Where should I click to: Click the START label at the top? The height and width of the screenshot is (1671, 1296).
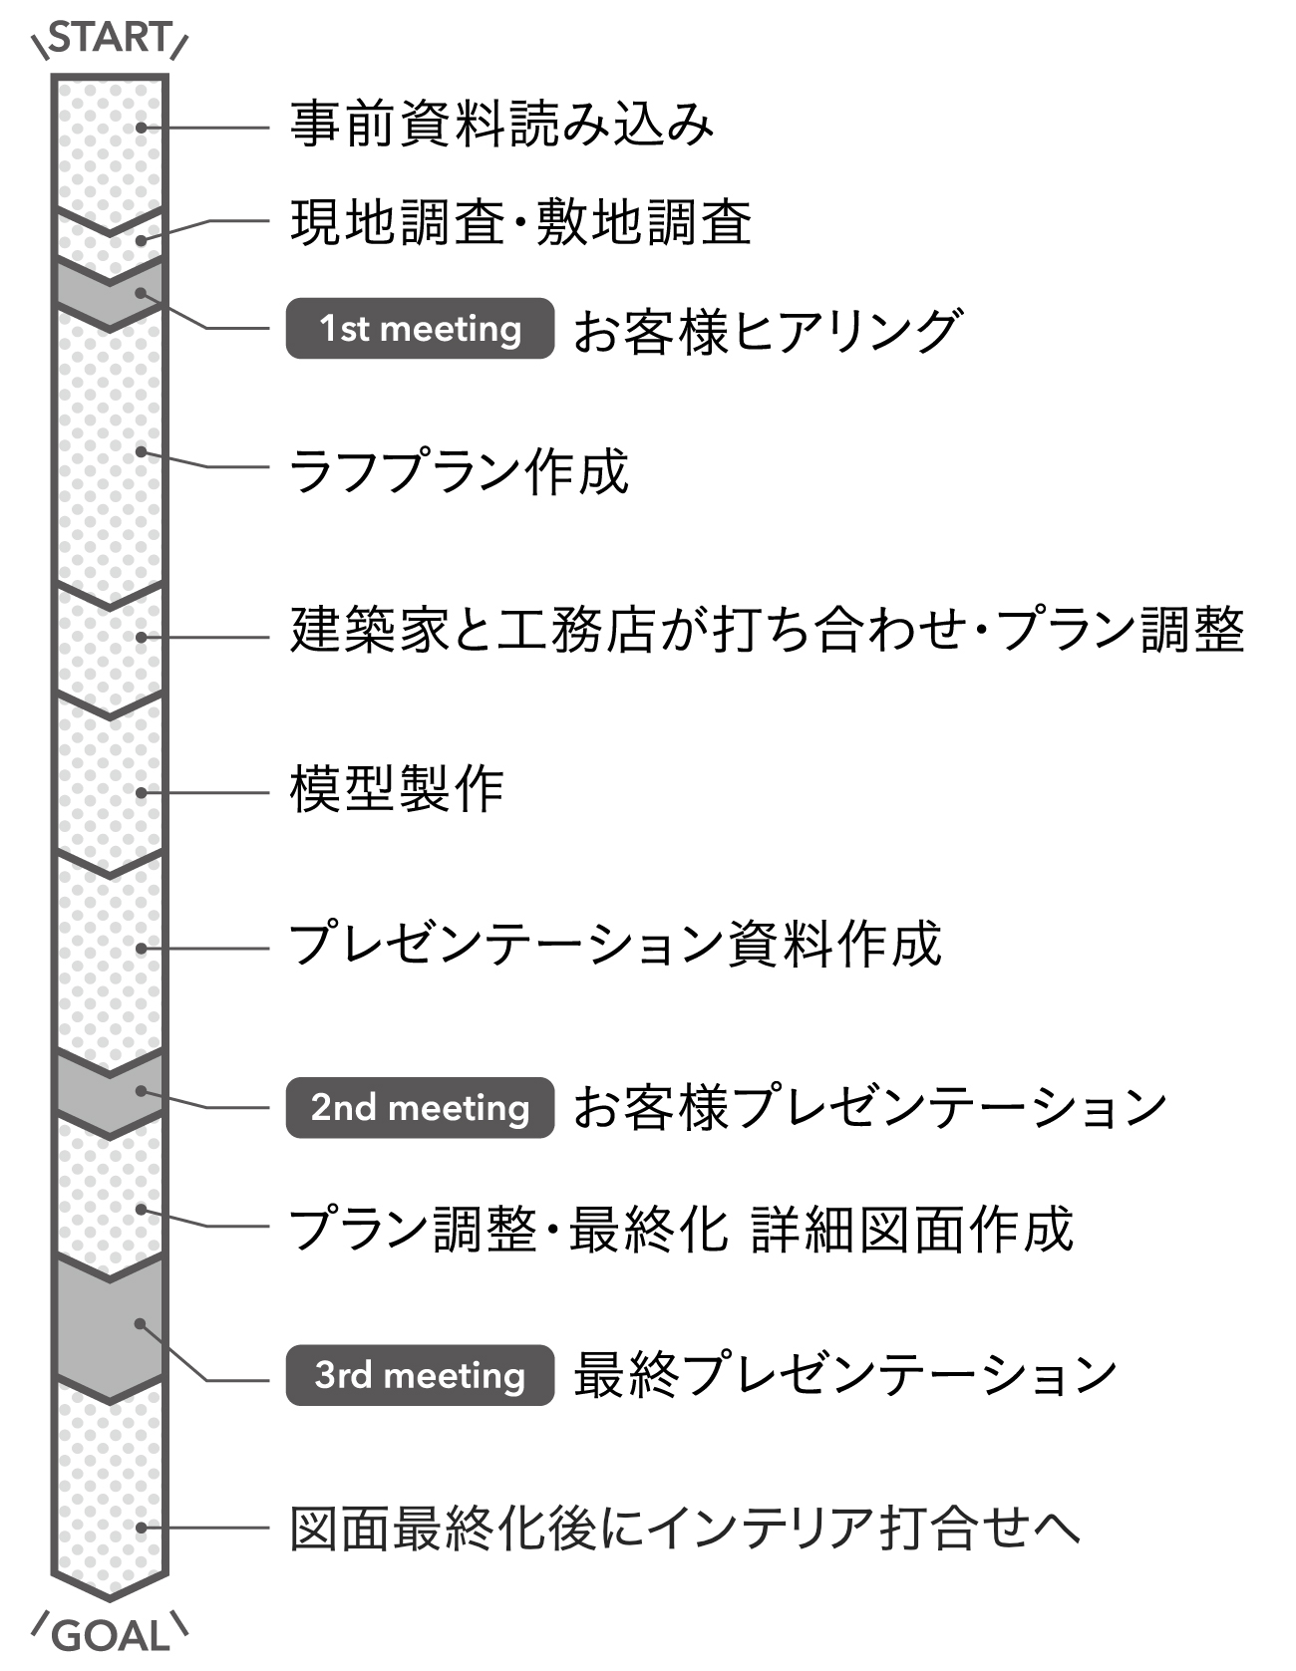[x=110, y=38]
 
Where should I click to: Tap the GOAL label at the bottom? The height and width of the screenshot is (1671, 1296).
[x=110, y=1636]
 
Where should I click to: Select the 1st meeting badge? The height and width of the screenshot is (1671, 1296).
[x=420, y=329]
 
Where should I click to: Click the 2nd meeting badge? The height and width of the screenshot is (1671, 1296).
[x=420, y=1107]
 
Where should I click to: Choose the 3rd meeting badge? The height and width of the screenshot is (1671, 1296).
[x=420, y=1375]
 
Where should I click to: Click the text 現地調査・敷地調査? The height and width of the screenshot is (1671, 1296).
[x=520, y=222]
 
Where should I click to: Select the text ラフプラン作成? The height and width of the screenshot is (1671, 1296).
[x=459, y=471]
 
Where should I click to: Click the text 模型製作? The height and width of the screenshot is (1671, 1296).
[x=397, y=790]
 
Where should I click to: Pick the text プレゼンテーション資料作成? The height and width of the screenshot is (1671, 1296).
[x=614, y=945]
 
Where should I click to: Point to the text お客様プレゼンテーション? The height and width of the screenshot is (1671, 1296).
[x=869, y=1108]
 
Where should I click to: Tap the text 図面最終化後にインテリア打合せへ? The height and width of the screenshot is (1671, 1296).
[x=685, y=1529]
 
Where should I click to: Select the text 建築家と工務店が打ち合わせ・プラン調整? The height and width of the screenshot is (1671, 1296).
[x=767, y=631]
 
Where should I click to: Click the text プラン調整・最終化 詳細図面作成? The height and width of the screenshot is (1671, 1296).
[x=680, y=1230]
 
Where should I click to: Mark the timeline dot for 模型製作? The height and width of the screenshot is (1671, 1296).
[x=142, y=793]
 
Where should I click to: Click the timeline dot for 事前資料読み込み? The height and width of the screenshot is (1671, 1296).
[x=142, y=128]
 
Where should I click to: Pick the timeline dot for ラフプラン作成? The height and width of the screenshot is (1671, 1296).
[x=142, y=451]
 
